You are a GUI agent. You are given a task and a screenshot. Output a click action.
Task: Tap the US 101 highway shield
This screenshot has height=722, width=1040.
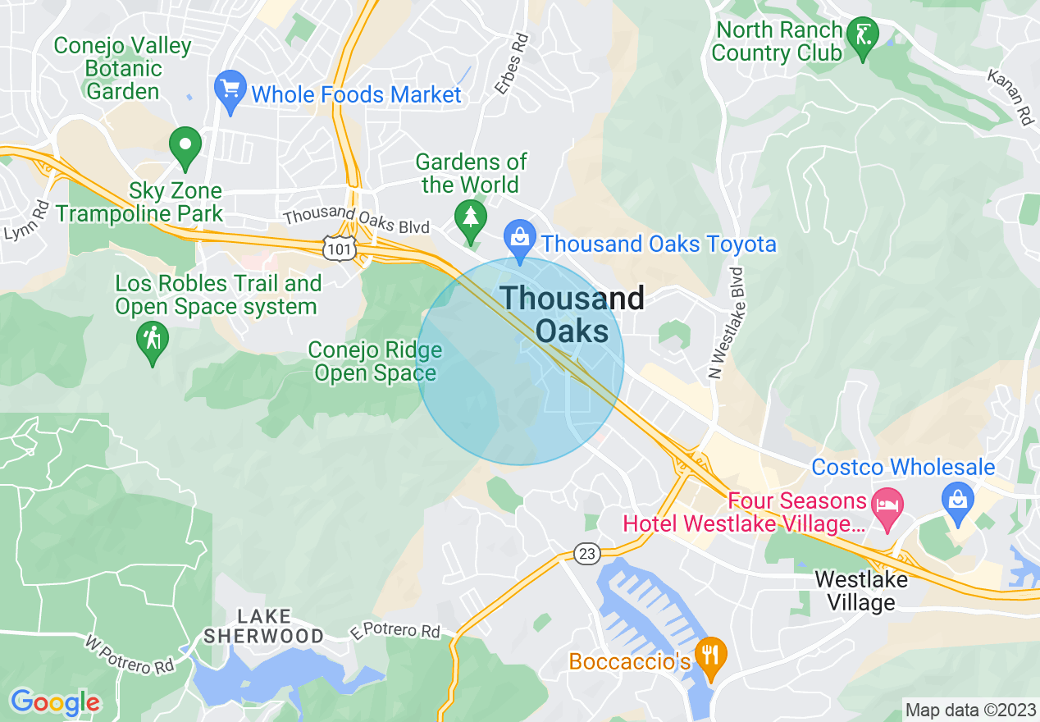(x=337, y=248)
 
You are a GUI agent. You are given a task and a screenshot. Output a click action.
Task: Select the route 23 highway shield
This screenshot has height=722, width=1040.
(x=586, y=554)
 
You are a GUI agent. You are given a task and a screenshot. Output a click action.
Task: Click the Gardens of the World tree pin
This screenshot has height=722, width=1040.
(x=470, y=217)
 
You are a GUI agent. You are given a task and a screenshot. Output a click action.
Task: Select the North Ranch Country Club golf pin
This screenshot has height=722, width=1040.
(x=862, y=36)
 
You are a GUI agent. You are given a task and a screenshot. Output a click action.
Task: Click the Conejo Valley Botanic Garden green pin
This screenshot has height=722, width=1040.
(x=185, y=144)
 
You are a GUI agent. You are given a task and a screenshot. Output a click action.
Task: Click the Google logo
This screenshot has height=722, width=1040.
(x=55, y=701)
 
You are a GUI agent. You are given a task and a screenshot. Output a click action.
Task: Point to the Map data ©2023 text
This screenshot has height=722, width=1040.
(x=970, y=709)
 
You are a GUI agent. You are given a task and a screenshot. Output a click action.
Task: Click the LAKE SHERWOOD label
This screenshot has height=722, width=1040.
(x=263, y=626)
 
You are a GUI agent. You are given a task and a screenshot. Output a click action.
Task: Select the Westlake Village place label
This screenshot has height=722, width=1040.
(x=860, y=591)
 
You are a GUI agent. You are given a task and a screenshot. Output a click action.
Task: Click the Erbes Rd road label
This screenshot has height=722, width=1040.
(x=510, y=62)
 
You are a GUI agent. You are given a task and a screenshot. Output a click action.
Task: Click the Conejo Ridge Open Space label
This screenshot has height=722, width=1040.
(x=375, y=362)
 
